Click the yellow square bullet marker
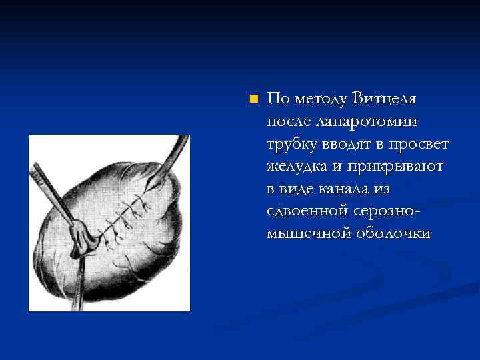coord(252,99)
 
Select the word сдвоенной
coord(306,212)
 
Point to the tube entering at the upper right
coord(170,157)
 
